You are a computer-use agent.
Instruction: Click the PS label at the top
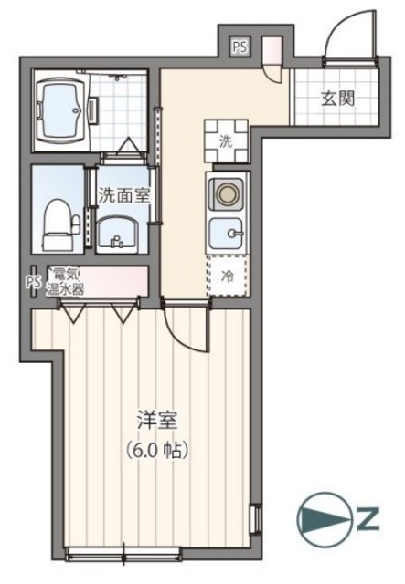[240, 46]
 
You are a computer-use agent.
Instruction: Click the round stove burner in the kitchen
[226, 194]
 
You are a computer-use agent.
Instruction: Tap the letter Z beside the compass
[368, 521]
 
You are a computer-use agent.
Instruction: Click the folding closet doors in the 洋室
[98, 313]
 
